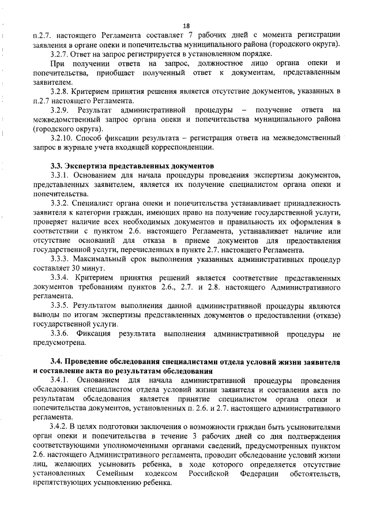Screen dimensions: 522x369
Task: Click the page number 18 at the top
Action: click(186, 25)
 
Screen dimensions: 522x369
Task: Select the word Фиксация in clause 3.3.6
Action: click(95, 334)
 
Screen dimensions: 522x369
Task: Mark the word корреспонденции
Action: click(183, 148)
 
